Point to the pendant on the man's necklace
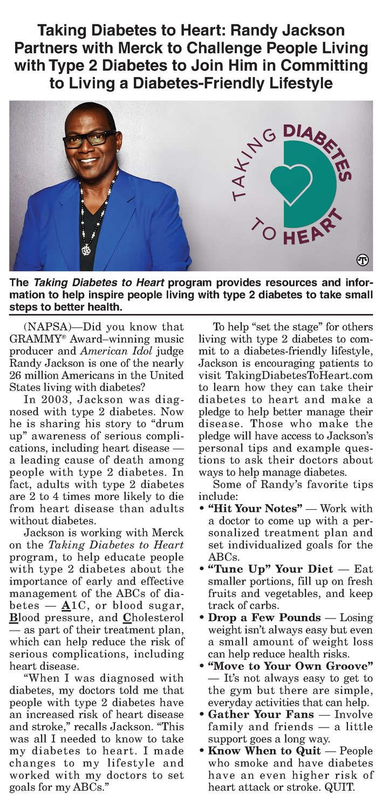(x=85, y=249)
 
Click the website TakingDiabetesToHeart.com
(x=286, y=375)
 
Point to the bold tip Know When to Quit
(x=263, y=751)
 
